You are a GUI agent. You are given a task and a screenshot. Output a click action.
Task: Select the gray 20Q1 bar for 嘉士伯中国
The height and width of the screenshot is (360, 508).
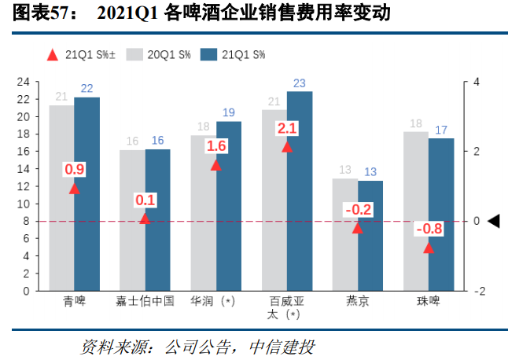(132, 220)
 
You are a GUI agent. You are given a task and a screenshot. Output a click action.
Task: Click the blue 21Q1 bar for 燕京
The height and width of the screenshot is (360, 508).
(370, 236)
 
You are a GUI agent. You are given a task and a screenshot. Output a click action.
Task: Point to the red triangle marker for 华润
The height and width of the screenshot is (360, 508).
(216, 165)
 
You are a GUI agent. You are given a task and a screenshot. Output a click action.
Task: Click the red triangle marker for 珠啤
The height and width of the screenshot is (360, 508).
(429, 248)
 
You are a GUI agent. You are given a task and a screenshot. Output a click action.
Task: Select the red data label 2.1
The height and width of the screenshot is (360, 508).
(287, 128)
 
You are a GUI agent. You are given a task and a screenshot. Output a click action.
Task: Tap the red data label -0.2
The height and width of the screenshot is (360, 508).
(358, 209)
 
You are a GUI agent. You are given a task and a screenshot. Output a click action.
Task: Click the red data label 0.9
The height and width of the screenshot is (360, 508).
(75, 170)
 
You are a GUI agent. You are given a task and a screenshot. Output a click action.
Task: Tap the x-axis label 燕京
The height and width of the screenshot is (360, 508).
(358, 301)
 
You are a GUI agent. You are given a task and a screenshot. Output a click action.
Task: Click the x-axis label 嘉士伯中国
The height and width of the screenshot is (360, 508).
(145, 301)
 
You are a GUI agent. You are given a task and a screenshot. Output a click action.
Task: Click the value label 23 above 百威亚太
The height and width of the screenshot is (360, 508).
(300, 83)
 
